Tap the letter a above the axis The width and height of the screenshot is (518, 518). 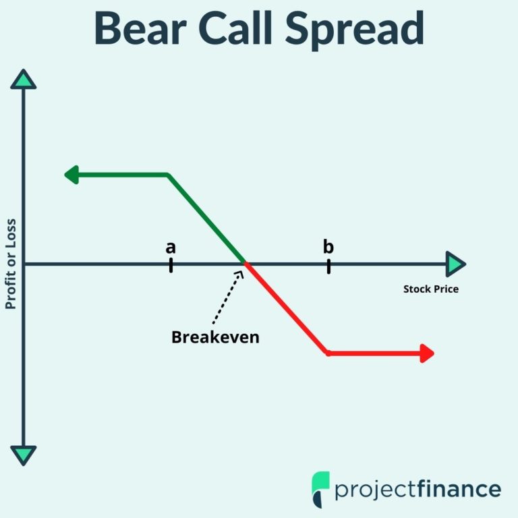[x=171, y=248]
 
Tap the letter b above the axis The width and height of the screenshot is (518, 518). [x=328, y=247]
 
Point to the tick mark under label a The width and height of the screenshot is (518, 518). [x=171, y=264]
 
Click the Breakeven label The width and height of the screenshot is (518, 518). [x=215, y=337]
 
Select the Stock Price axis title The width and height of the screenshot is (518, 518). [x=431, y=289]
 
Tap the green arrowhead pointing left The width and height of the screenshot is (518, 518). [x=72, y=175]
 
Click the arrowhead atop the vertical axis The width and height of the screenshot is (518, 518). [x=24, y=80]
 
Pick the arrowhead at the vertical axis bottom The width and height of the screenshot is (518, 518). [x=24, y=455]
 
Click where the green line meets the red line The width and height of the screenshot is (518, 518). [x=245, y=264]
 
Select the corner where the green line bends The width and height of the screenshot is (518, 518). [x=168, y=175]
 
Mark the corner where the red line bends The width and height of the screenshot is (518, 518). [x=328, y=353]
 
